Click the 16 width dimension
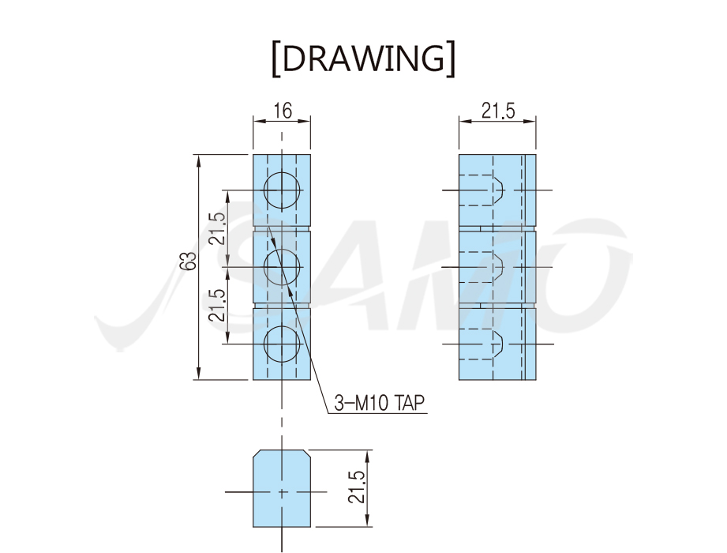[283, 111]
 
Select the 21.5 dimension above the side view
[498, 111]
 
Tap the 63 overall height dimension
[188, 261]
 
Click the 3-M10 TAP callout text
[379, 403]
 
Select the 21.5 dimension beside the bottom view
[357, 487]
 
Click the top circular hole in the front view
[282, 190]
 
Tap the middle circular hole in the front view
[282, 267]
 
